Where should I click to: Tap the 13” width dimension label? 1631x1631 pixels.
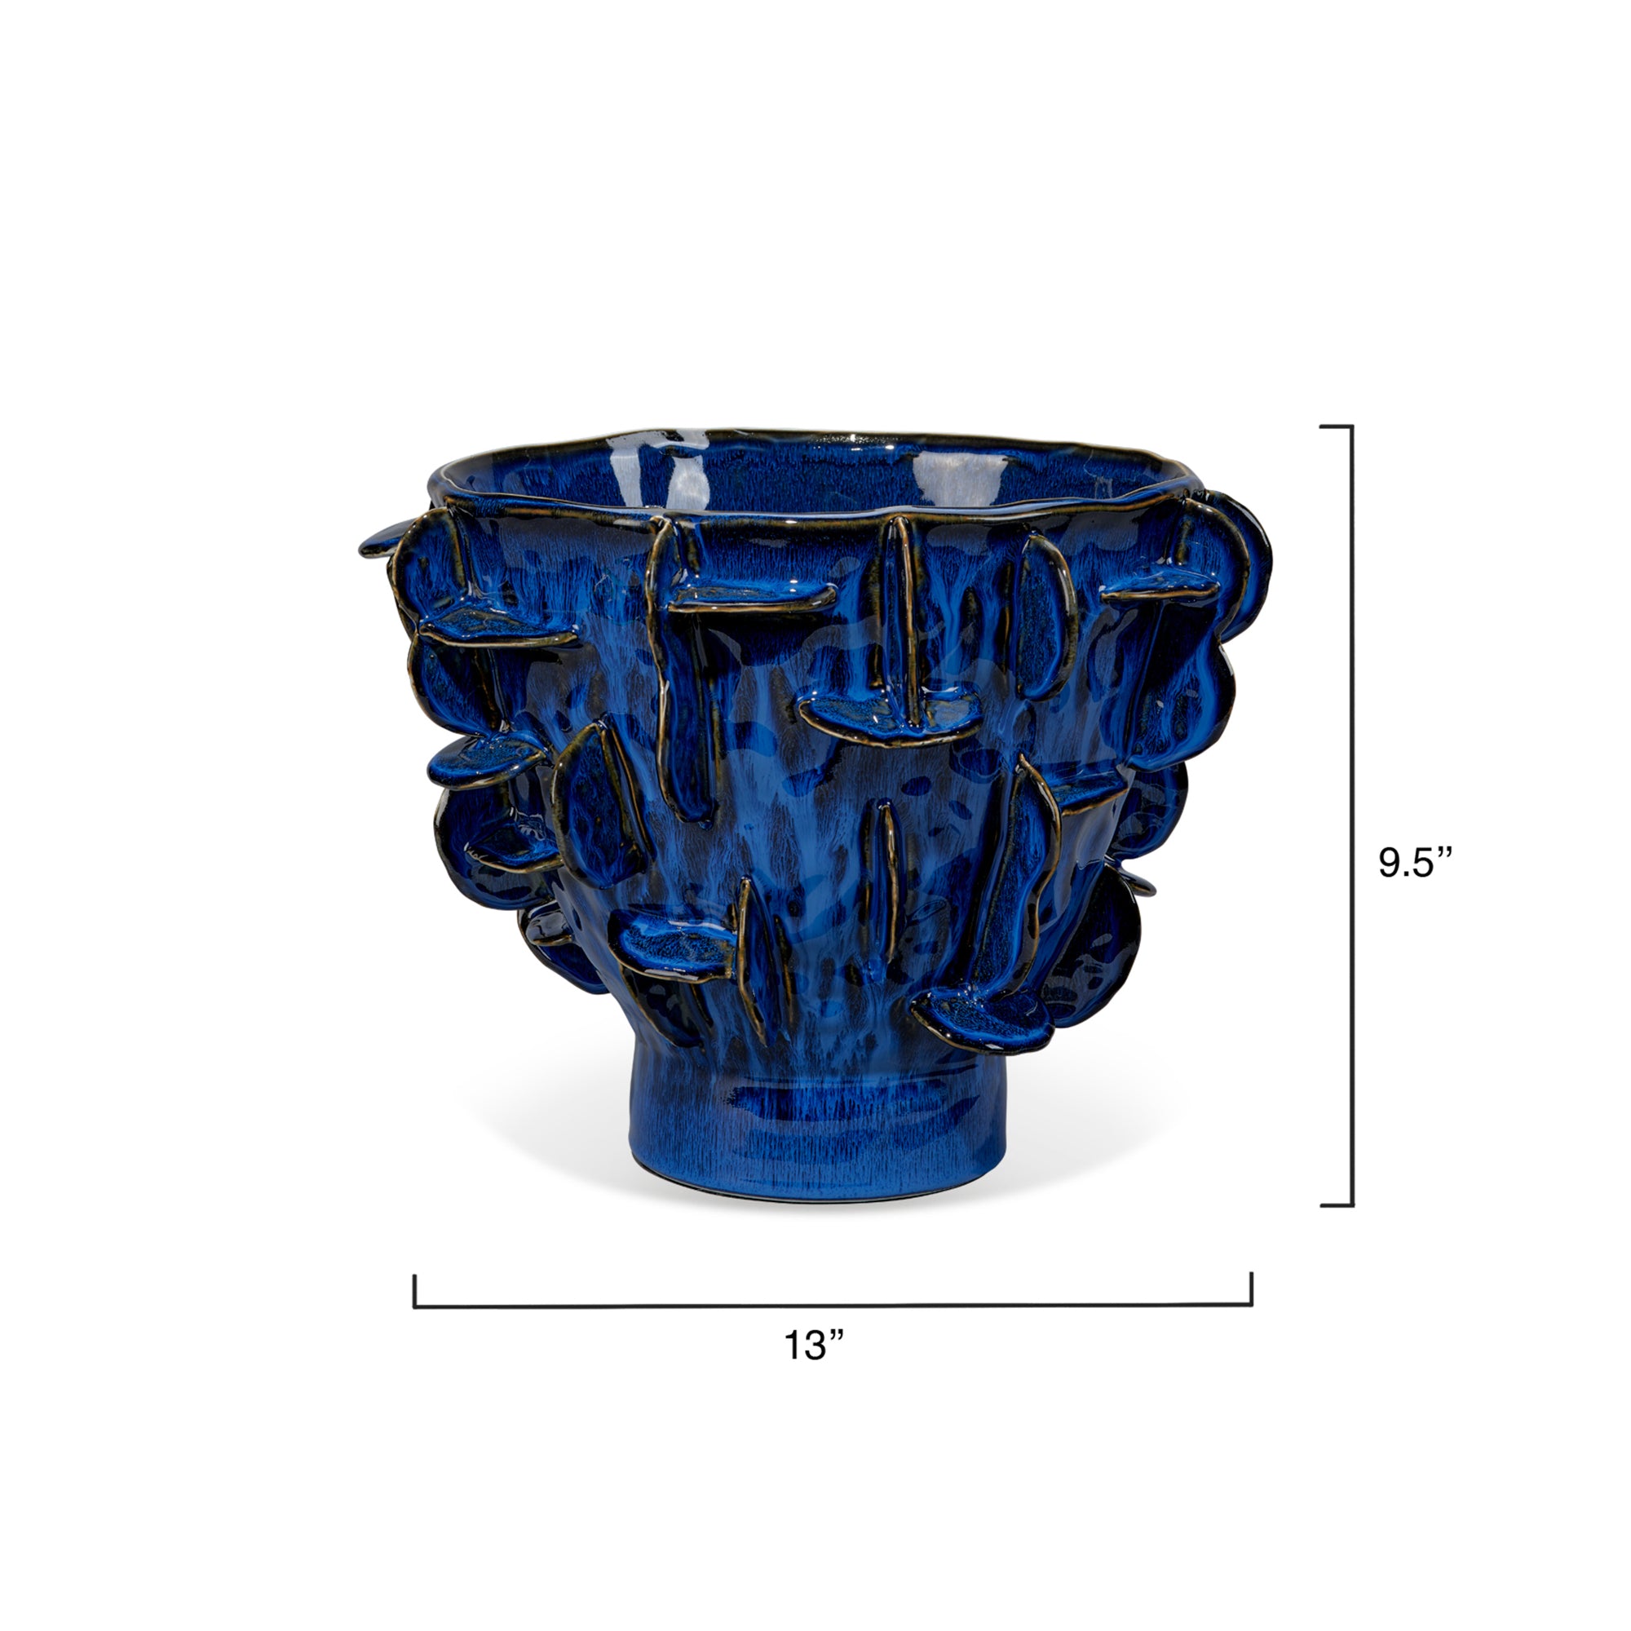tap(815, 1346)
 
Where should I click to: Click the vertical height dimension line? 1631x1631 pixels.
tap(1352, 815)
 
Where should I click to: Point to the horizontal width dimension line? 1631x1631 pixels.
tap(833, 1306)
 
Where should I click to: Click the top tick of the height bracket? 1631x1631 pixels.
tap(1337, 427)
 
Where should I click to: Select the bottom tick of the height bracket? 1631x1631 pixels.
tap(1337, 1204)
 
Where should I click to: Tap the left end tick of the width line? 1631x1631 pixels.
tap(415, 1291)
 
